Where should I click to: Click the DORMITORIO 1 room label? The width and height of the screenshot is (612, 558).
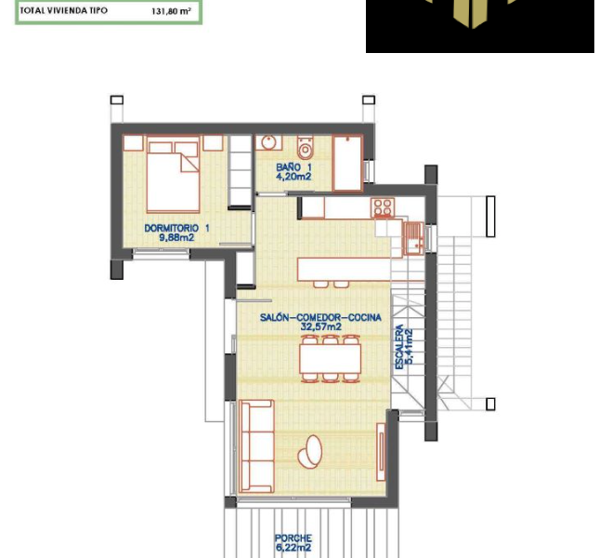[x=176, y=228]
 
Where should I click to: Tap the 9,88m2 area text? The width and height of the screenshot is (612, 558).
[x=176, y=238]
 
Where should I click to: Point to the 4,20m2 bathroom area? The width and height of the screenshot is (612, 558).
[x=293, y=177]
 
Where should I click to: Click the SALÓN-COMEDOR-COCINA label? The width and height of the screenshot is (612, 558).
[x=320, y=317]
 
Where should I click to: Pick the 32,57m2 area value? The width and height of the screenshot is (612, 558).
[x=320, y=327]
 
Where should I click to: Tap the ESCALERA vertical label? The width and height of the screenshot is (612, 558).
[x=400, y=347]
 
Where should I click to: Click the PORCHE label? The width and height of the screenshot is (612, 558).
[x=293, y=538]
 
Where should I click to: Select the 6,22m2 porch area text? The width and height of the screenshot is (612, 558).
[x=293, y=549]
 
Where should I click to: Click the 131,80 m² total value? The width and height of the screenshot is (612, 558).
[x=171, y=11]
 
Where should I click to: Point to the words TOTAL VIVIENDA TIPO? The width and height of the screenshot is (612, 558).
[x=63, y=11]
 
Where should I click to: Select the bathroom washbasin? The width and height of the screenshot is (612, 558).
[x=270, y=143]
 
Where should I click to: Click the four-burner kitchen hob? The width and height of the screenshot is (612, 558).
[x=383, y=206]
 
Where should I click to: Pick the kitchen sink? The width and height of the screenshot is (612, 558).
[x=413, y=238]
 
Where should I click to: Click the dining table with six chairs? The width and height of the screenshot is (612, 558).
[x=329, y=358]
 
